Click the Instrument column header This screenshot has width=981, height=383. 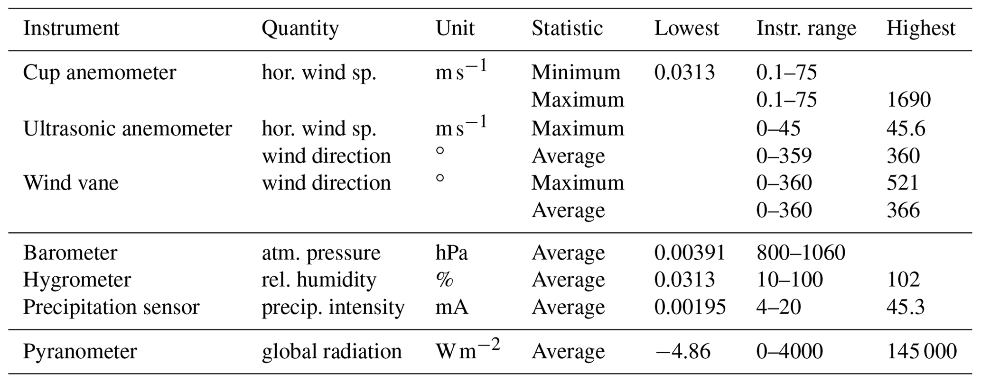71,28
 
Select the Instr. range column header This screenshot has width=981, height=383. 806,28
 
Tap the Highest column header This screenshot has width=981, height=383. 921,28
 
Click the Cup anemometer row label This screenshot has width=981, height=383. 100,73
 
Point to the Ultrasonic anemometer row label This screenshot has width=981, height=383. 128,128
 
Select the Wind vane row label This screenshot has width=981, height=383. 71,183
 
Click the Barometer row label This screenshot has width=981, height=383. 70,253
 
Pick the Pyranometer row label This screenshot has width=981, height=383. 80,352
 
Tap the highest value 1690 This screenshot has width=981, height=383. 908,100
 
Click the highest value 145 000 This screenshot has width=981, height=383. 921,352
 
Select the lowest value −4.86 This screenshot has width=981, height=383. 682,352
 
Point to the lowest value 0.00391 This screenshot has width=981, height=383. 690,253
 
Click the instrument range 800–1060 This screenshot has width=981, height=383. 801,253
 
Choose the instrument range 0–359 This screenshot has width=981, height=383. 784,156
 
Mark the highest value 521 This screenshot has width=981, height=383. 903,183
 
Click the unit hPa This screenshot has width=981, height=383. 451,253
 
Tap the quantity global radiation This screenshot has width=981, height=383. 332,352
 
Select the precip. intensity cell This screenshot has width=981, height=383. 333,308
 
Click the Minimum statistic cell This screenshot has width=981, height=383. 576,73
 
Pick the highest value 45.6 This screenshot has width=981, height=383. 906,128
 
